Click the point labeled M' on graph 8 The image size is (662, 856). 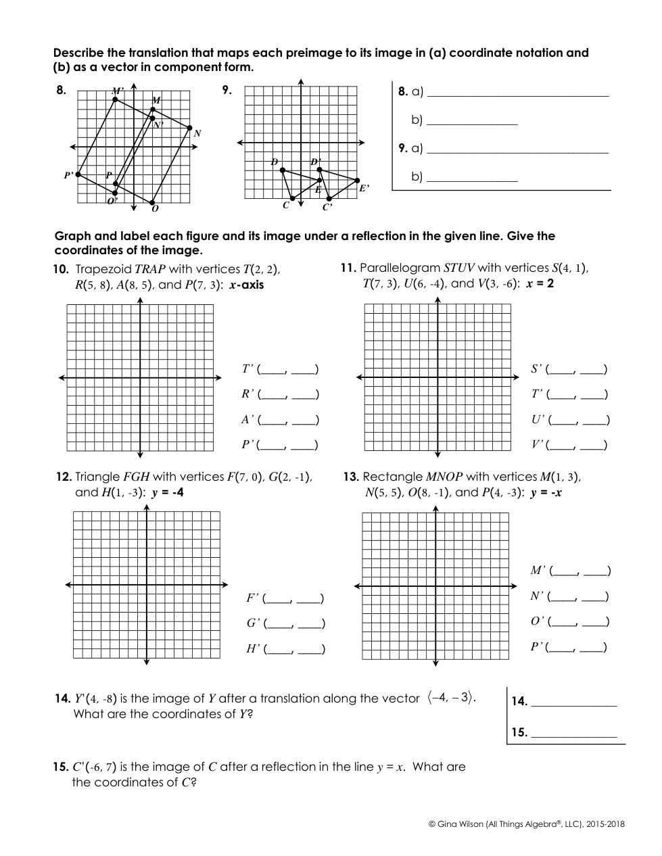point(115,99)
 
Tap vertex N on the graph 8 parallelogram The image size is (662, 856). point(190,128)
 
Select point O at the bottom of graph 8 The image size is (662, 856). point(153,202)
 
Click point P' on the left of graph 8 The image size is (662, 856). point(78,174)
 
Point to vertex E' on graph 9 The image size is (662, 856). point(357,180)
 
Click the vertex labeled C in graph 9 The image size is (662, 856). point(292,199)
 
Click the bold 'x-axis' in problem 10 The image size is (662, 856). point(247,285)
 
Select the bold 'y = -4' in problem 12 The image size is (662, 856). point(168,492)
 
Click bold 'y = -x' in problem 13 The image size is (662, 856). point(546,492)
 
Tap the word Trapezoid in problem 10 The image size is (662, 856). point(103,268)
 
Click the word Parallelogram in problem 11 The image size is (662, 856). point(399,268)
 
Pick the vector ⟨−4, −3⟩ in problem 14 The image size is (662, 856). point(450,698)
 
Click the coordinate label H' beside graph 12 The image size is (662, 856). point(254,649)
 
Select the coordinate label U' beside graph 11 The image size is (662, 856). point(538,420)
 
